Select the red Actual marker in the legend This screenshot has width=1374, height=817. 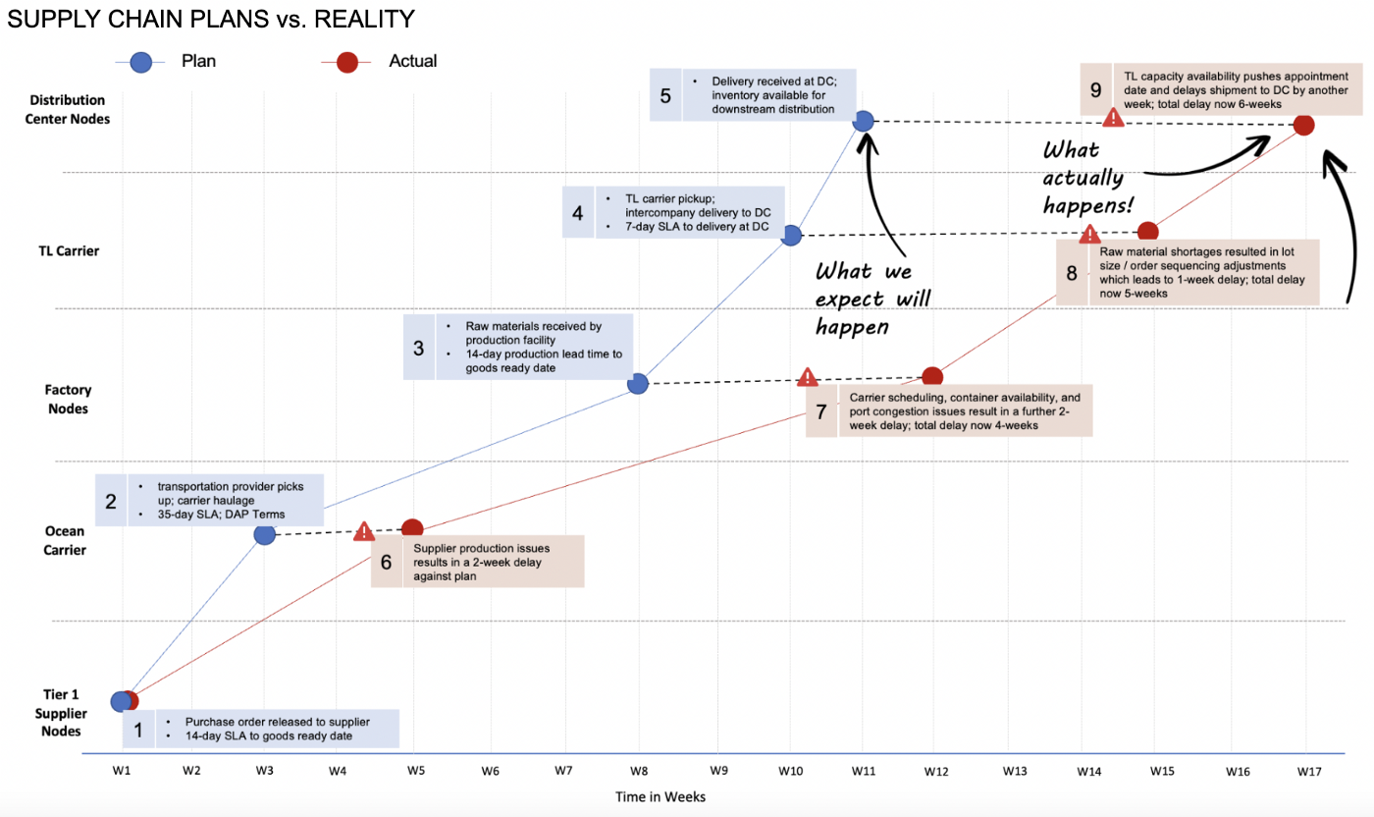click(x=346, y=62)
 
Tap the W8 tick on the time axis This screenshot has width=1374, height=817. click(x=639, y=771)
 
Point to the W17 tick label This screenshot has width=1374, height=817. click(x=1306, y=771)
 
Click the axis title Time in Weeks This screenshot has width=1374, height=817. click(x=661, y=796)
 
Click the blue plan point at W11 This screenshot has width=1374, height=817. click(x=864, y=121)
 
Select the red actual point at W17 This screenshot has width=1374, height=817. click(x=1303, y=125)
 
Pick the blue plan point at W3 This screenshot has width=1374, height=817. click(x=264, y=534)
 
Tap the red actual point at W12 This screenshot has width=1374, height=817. click(x=932, y=377)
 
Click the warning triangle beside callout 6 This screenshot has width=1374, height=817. click(x=364, y=532)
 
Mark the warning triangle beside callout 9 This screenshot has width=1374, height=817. click(x=1114, y=118)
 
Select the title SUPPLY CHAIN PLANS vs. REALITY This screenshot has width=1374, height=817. click(x=210, y=20)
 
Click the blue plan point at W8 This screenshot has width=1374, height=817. click(x=638, y=383)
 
